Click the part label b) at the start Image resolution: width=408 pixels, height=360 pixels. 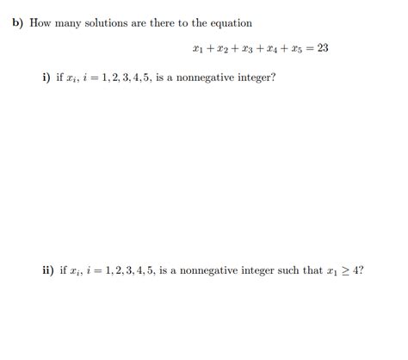[x=18, y=23]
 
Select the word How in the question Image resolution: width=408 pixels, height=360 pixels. [x=40, y=23]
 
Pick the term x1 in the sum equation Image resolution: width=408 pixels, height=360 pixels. [x=200, y=48]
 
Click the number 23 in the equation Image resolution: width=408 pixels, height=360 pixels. [x=323, y=47]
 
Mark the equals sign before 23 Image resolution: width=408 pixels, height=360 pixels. [x=310, y=47]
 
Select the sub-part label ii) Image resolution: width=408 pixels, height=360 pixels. [x=47, y=270]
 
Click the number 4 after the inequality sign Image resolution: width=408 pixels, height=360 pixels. [x=355, y=270]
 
